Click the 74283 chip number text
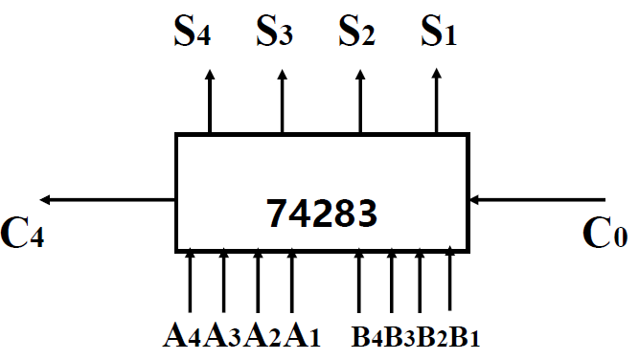coord(321,213)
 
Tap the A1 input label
coord(300,336)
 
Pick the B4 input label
coord(366,337)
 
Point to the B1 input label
coord(463,337)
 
